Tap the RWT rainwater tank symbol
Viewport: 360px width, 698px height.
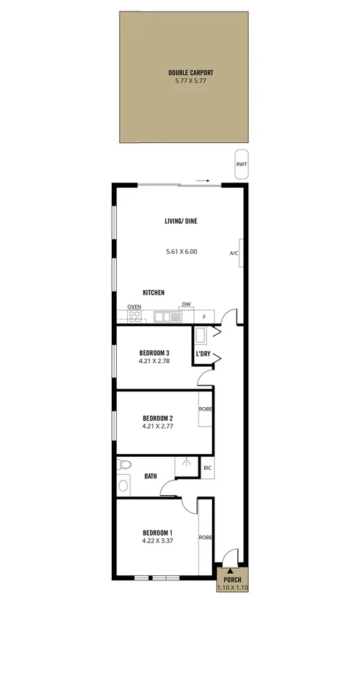click(x=241, y=164)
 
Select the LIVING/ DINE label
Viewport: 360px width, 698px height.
click(x=180, y=222)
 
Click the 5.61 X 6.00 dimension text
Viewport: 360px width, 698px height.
click(x=181, y=252)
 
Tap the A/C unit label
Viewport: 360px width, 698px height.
click(x=234, y=253)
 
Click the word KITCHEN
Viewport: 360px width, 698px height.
click(x=154, y=292)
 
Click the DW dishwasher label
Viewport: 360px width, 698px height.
click(x=185, y=305)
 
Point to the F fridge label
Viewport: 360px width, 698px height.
click(x=204, y=316)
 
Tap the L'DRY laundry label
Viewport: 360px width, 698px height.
click(x=203, y=354)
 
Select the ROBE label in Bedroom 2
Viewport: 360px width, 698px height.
click(x=206, y=409)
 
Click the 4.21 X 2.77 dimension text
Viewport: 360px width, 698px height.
click(x=157, y=427)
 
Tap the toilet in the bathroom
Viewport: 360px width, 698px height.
click(x=123, y=464)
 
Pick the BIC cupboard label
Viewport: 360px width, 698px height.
click(x=208, y=468)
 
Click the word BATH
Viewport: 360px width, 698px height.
click(x=151, y=476)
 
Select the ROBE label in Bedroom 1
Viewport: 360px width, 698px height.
click(x=206, y=537)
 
